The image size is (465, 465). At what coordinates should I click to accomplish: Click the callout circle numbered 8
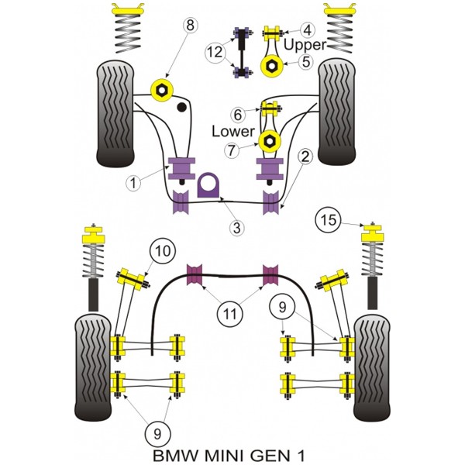190,26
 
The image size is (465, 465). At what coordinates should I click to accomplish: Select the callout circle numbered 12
215,52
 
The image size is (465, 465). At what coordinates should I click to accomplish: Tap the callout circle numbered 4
308,30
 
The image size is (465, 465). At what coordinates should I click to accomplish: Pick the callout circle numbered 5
305,62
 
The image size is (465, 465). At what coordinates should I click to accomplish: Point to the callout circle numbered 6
238,115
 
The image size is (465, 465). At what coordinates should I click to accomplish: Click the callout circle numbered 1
133,183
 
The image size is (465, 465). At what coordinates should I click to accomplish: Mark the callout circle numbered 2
305,157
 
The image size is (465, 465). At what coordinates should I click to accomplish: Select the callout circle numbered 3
236,228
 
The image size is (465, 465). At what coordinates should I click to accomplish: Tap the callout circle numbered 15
329,220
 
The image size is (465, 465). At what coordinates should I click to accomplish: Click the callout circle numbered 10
163,251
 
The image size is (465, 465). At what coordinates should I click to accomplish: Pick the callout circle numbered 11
230,313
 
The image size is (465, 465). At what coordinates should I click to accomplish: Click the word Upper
305,45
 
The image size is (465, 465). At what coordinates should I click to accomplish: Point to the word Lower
233,131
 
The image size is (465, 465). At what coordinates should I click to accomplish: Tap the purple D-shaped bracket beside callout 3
208,184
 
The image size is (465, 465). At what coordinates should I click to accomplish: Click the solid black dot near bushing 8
182,107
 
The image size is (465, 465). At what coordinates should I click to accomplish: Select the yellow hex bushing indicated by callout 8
162,89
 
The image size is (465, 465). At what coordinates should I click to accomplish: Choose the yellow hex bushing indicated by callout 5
271,66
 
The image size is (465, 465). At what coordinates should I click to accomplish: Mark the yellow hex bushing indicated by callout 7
269,142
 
